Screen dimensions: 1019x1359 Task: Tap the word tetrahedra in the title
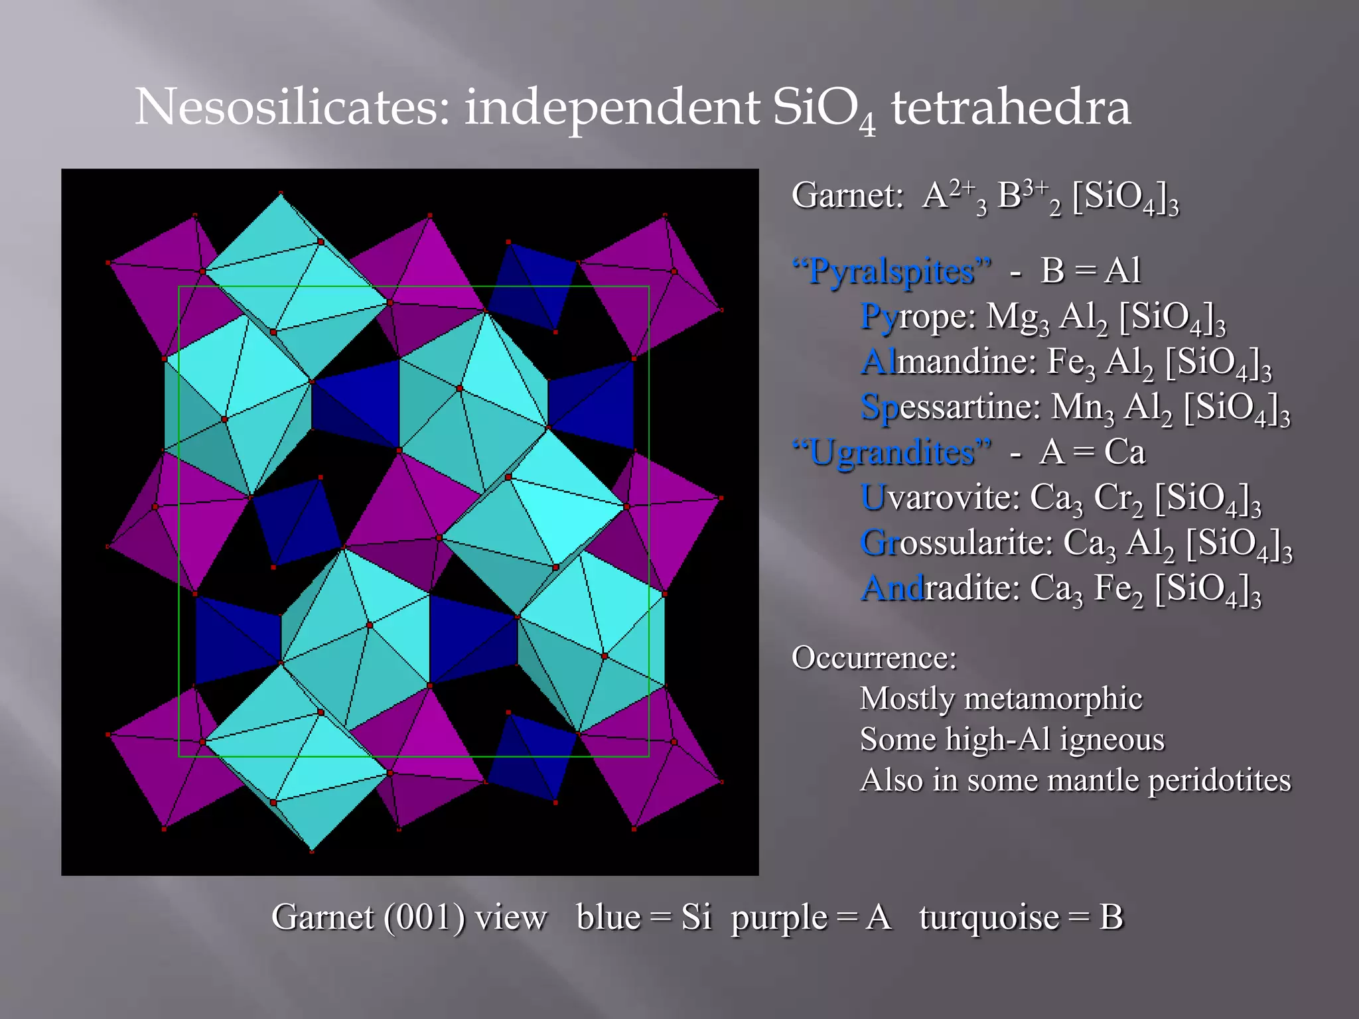point(1010,107)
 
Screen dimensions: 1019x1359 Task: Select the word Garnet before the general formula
point(847,196)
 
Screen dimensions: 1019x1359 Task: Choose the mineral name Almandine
point(948,362)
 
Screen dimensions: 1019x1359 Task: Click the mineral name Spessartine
point(949,407)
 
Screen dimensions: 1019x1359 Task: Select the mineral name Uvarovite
point(939,497)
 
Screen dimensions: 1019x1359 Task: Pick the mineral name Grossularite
point(956,542)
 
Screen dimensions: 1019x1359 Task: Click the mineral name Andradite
point(939,587)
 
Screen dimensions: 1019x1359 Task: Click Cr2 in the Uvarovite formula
point(1119,498)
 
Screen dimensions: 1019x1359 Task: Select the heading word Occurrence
point(873,657)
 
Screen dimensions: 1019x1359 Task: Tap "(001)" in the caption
point(425,917)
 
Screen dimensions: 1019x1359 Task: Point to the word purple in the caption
point(779,918)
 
